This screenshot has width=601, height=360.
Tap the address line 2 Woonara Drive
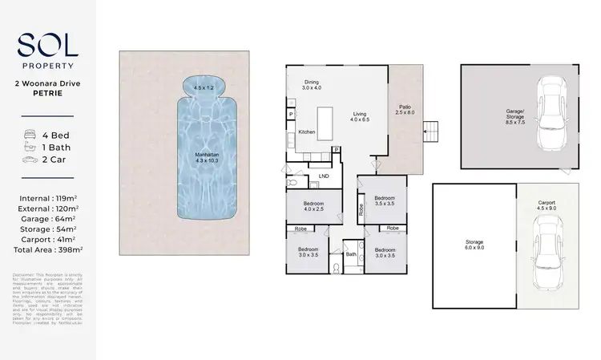point(49,83)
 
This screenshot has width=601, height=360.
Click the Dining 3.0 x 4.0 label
point(311,84)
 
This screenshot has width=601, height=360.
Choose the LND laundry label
point(324,176)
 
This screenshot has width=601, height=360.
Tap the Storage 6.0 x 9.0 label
point(474,245)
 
